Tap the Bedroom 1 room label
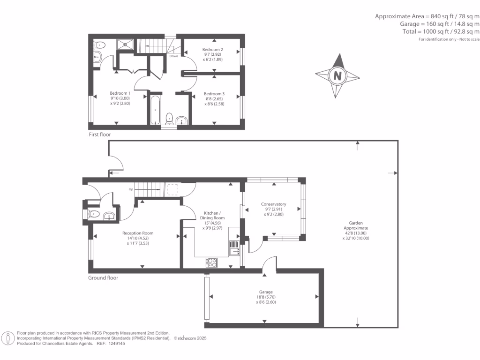[x=120, y=93]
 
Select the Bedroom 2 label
[x=212, y=49]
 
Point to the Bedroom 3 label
[x=214, y=94]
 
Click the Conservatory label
[x=273, y=204]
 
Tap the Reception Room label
[x=138, y=233]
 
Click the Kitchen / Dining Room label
[x=212, y=215]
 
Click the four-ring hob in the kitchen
[x=211, y=262]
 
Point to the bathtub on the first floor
[x=156, y=110]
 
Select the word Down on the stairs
[x=173, y=56]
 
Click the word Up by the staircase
[x=132, y=189]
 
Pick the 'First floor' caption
[x=100, y=135]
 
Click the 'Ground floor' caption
[x=103, y=278]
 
